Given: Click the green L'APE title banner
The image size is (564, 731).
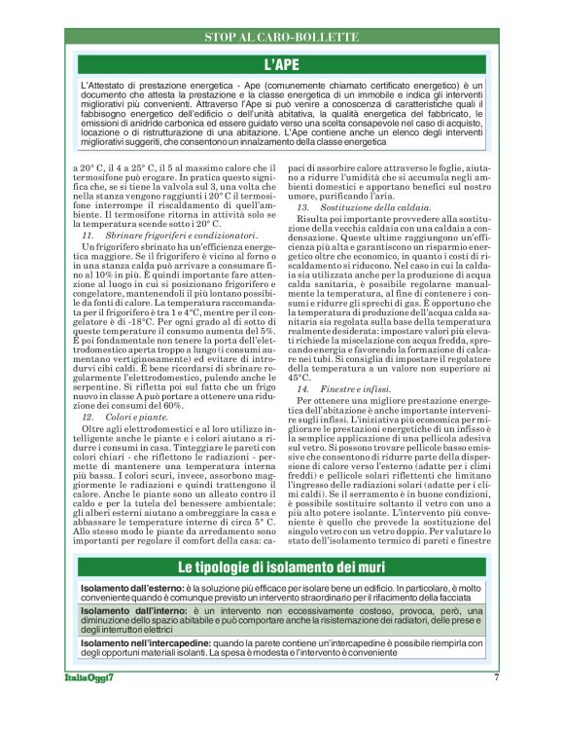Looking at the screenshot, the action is tap(282, 64).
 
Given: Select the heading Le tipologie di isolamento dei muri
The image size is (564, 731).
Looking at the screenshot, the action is tap(282, 567).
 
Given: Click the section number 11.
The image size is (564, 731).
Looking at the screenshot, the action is tap(87, 237).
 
